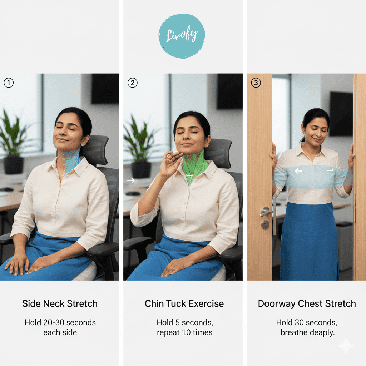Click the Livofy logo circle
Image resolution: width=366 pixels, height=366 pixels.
[182, 36]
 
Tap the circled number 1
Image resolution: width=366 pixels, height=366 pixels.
[9, 83]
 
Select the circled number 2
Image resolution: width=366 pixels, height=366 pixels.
[133, 83]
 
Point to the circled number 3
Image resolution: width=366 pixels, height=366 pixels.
[256, 83]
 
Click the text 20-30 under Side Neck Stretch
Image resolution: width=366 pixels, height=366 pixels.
[54, 323]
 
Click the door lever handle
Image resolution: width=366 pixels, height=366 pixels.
[266, 212]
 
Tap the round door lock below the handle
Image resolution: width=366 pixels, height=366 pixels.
[265, 224]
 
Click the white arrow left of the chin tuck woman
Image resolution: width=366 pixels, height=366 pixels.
[131, 180]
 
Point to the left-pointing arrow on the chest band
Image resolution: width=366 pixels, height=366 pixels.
[298, 171]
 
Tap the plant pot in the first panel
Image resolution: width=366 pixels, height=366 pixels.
[14, 165]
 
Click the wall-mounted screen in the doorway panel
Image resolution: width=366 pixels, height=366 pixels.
[341, 114]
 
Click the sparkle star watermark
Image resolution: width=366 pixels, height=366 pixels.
[346, 346]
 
